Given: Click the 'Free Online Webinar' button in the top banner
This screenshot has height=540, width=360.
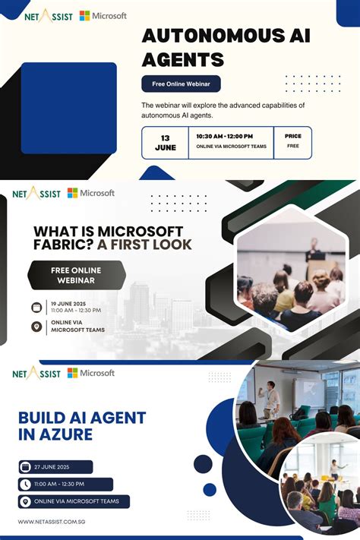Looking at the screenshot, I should coord(181,84).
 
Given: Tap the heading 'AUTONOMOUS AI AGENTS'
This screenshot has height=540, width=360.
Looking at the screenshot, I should coord(226,47).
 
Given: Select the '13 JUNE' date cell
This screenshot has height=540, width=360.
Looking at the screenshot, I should coord(165,142).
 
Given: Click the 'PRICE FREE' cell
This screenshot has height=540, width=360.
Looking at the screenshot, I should coord(292,141).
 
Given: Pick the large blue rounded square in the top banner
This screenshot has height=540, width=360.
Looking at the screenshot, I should coord(69,108).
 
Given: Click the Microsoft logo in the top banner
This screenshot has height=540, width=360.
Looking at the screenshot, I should coord(103,16).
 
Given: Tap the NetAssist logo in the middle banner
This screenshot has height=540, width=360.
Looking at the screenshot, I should coord(36,194).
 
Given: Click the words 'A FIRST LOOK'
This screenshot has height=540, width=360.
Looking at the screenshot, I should coord(149,245).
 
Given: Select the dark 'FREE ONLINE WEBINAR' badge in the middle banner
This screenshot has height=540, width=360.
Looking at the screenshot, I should coord(76,275).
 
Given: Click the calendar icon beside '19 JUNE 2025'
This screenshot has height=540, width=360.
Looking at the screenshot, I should coord(36,308).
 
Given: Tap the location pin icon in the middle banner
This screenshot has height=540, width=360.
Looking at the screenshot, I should coord(36,327).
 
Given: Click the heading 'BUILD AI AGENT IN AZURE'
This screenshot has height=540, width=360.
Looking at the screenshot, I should coord(81,426).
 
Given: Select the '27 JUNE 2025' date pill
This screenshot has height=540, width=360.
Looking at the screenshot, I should coord(55,466).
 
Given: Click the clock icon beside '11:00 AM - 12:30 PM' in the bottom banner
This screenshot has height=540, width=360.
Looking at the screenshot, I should coord(26,484).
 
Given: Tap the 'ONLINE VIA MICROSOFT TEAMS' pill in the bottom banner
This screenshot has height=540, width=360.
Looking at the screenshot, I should coord(74,501).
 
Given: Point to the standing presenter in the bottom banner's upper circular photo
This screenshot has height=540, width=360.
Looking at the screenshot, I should coord(270,397).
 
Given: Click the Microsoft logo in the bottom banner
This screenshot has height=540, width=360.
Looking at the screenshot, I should coord(91,373).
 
